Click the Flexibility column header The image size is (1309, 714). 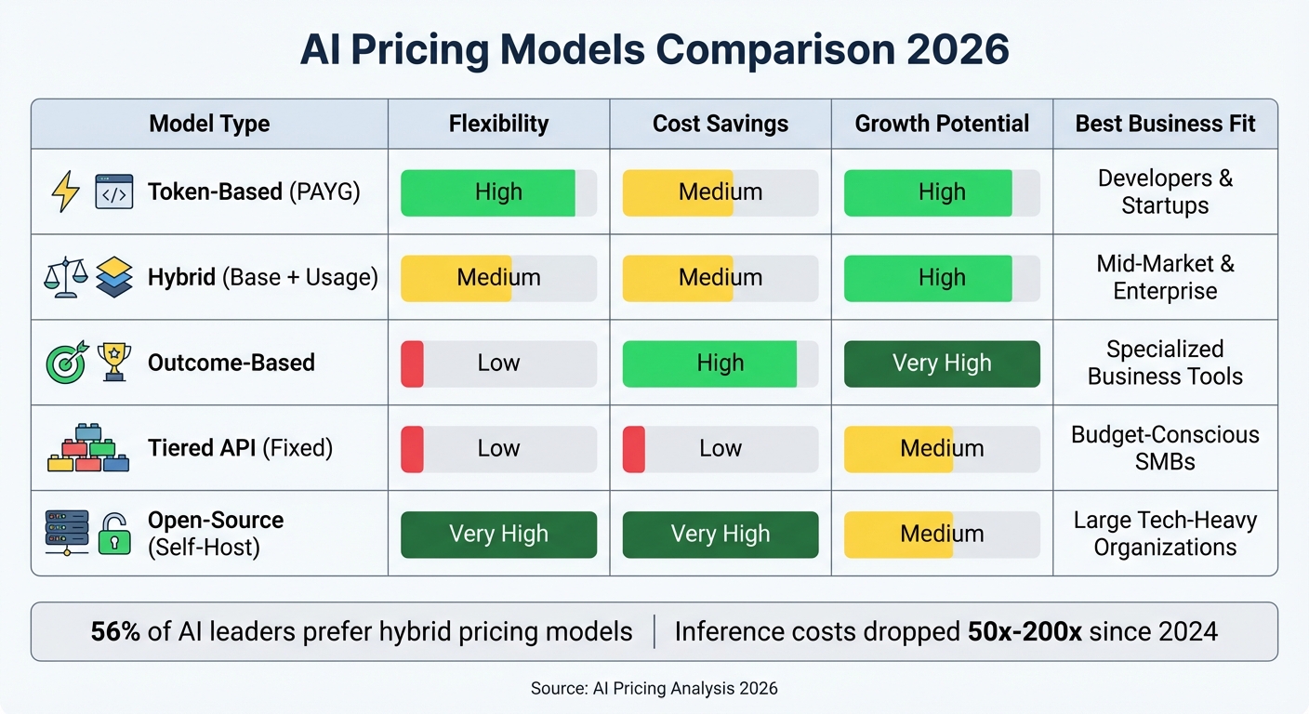coord(498,124)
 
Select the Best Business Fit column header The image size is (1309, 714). coord(1165,124)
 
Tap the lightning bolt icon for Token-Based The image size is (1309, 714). coord(65,192)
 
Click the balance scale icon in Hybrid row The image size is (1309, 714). coord(66,277)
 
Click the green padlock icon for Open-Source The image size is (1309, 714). coord(114,534)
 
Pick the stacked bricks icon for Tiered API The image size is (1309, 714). coord(88,448)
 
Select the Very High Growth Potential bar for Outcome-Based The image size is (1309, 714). coord(942,364)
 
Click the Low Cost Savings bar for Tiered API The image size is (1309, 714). coord(721,449)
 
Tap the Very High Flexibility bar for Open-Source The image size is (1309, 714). coord(498,535)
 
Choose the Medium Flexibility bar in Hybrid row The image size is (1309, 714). coord(498,278)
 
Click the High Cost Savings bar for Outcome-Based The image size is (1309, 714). coord(721,364)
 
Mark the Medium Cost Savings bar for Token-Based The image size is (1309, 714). coord(721,192)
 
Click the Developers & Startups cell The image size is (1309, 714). coord(1165,192)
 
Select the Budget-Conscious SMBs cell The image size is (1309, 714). coord(1165,448)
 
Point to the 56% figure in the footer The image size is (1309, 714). coord(115,632)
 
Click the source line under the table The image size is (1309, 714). coord(654,689)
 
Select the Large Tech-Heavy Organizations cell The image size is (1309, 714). coord(1165,534)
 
